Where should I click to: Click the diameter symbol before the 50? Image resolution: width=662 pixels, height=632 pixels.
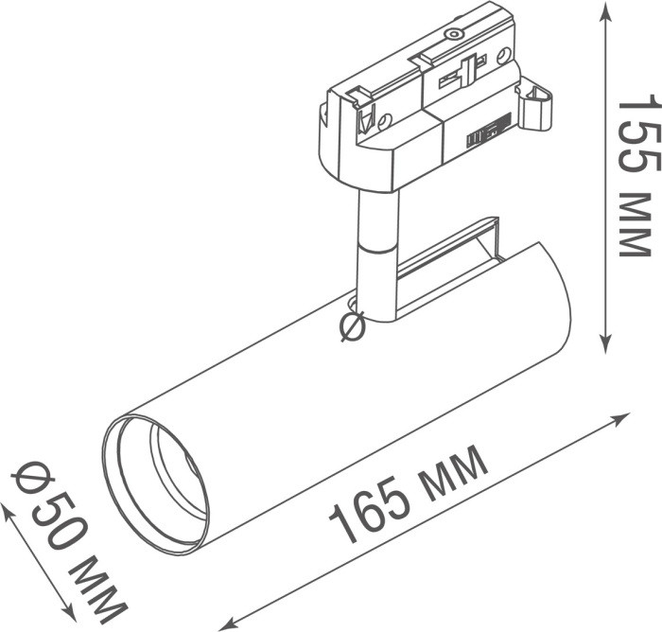click(x=28, y=480)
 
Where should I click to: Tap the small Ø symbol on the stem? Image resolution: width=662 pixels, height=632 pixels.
click(x=352, y=326)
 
